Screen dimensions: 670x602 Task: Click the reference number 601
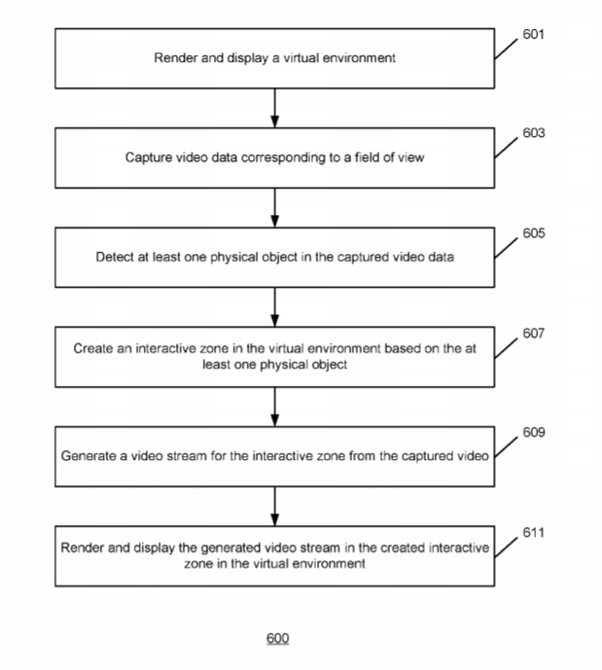(533, 34)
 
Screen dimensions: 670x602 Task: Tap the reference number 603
(533, 133)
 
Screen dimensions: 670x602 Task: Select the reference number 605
(533, 233)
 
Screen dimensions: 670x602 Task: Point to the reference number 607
(533, 334)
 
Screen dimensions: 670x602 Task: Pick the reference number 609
(533, 433)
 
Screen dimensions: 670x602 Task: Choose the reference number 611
(533, 533)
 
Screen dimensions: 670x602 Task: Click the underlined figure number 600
(277, 639)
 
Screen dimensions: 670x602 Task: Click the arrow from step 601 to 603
(276, 107)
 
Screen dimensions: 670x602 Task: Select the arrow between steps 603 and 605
(276, 207)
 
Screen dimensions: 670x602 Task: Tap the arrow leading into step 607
(276, 306)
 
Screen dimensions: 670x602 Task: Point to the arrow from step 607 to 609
(276, 406)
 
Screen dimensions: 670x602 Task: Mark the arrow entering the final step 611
(276, 506)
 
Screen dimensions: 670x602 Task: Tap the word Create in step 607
(93, 349)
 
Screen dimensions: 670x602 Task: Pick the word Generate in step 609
(88, 455)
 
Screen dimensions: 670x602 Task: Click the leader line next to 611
(507, 547)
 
